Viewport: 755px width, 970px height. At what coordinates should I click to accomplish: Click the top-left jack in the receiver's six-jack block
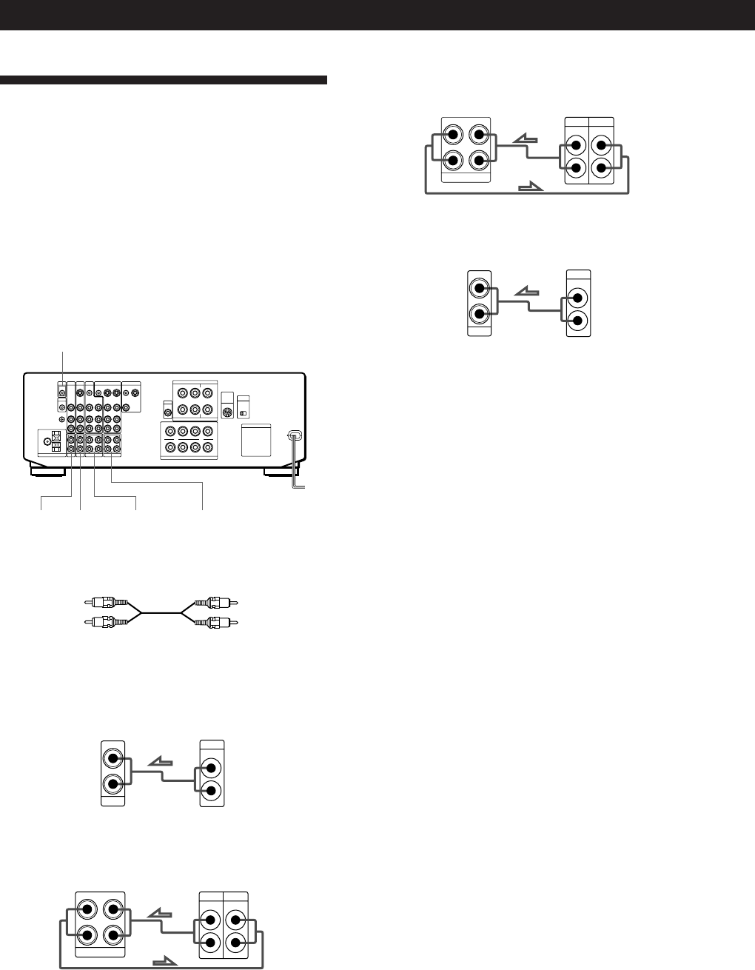pos(181,394)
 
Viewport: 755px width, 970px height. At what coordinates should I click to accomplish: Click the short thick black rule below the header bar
pos(163,80)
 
